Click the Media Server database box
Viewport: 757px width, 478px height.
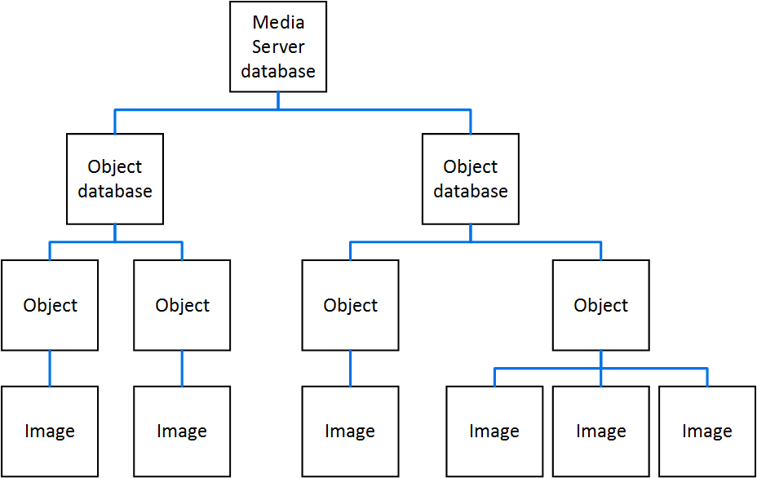point(278,46)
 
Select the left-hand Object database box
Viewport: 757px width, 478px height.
point(115,179)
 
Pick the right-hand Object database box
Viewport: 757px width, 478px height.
point(471,179)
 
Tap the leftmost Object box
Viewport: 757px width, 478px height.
point(50,305)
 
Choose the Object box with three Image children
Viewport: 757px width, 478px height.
point(601,305)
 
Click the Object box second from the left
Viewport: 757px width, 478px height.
point(182,305)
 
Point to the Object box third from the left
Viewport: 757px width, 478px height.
point(351,305)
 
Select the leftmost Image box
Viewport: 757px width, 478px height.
point(50,432)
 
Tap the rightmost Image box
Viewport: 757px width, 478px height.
point(707,432)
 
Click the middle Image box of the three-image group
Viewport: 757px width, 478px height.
point(601,432)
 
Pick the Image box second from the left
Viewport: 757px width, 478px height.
point(182,432)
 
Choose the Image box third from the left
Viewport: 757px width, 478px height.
point(351,432)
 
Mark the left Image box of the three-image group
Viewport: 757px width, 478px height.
point(494,432)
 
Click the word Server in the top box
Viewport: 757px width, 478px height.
point(278,46)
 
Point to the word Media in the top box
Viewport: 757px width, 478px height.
point(278,22)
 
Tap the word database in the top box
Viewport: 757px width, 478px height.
point(278,71)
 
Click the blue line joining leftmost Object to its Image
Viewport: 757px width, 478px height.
point(50,368)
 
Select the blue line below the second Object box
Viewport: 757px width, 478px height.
point(182,368)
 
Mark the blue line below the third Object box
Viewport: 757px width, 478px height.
point(351,368)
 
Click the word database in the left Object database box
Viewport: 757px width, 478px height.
point(115,191)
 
